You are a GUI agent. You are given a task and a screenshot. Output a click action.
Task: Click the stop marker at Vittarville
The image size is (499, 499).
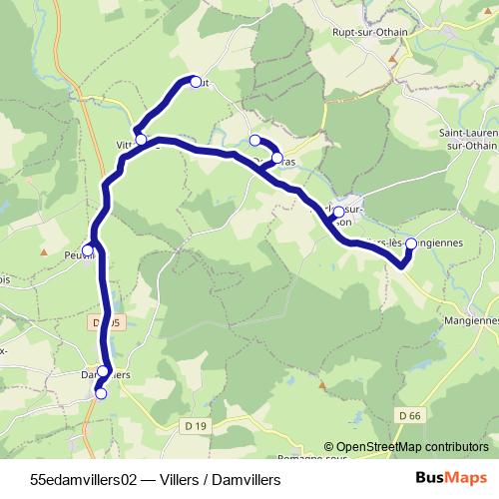pyautogui.click(x=142, y=139)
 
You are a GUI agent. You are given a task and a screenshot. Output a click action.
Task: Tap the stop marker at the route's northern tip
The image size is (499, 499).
pyautogui.click(x=196, y=82)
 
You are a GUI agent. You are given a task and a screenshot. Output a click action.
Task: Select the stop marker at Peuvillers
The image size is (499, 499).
pyautogui.click(x=88, y=249)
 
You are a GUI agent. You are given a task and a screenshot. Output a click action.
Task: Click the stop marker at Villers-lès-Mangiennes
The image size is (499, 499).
pyautogui.click(x=410, y=243)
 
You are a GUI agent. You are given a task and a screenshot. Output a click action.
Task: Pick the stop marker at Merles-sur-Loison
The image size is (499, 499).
pyautogui.click(x=338, y=212)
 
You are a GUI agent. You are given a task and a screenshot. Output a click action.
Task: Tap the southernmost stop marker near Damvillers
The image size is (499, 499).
pyautogui.click(x=100, y=393)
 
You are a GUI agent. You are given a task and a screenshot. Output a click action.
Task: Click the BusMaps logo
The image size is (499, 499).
pyautogui.click(x=450, y=479)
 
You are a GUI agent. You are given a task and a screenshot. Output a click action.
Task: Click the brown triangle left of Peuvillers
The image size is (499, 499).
pyautogui.click(x=43, y=251)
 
